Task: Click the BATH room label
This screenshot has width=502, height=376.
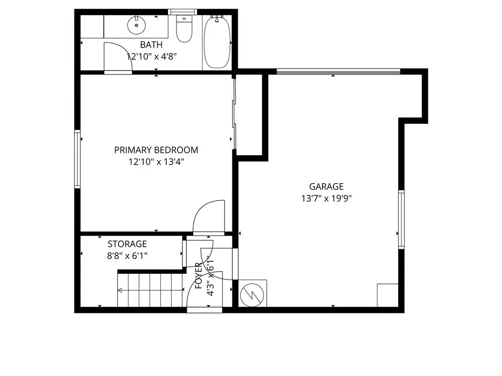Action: (151, 45)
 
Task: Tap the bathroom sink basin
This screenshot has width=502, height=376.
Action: (136, 24)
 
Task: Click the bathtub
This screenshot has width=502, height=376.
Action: (217, 42)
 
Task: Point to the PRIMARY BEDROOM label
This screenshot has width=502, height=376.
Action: (156, 150)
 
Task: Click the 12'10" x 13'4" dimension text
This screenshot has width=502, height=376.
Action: (156, 162)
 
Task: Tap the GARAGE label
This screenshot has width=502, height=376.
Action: (326, 187)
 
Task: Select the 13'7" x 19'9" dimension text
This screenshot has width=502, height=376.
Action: (326, 199)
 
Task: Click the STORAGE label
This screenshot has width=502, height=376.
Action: (127, 244)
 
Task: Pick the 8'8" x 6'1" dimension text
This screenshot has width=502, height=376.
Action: (127, 256)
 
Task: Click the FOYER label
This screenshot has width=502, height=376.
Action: (199, 276)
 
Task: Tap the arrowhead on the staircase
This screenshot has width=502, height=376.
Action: (120, 290)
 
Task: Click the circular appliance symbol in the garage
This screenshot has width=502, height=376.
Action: (252, 295)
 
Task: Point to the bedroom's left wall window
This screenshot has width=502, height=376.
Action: (77, 159)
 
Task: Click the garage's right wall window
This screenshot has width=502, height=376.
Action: (401, 219)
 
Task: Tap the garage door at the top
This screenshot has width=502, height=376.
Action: (338, 71)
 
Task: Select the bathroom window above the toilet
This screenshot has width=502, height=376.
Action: (182, 12)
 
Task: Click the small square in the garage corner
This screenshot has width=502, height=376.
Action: (388, 295)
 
